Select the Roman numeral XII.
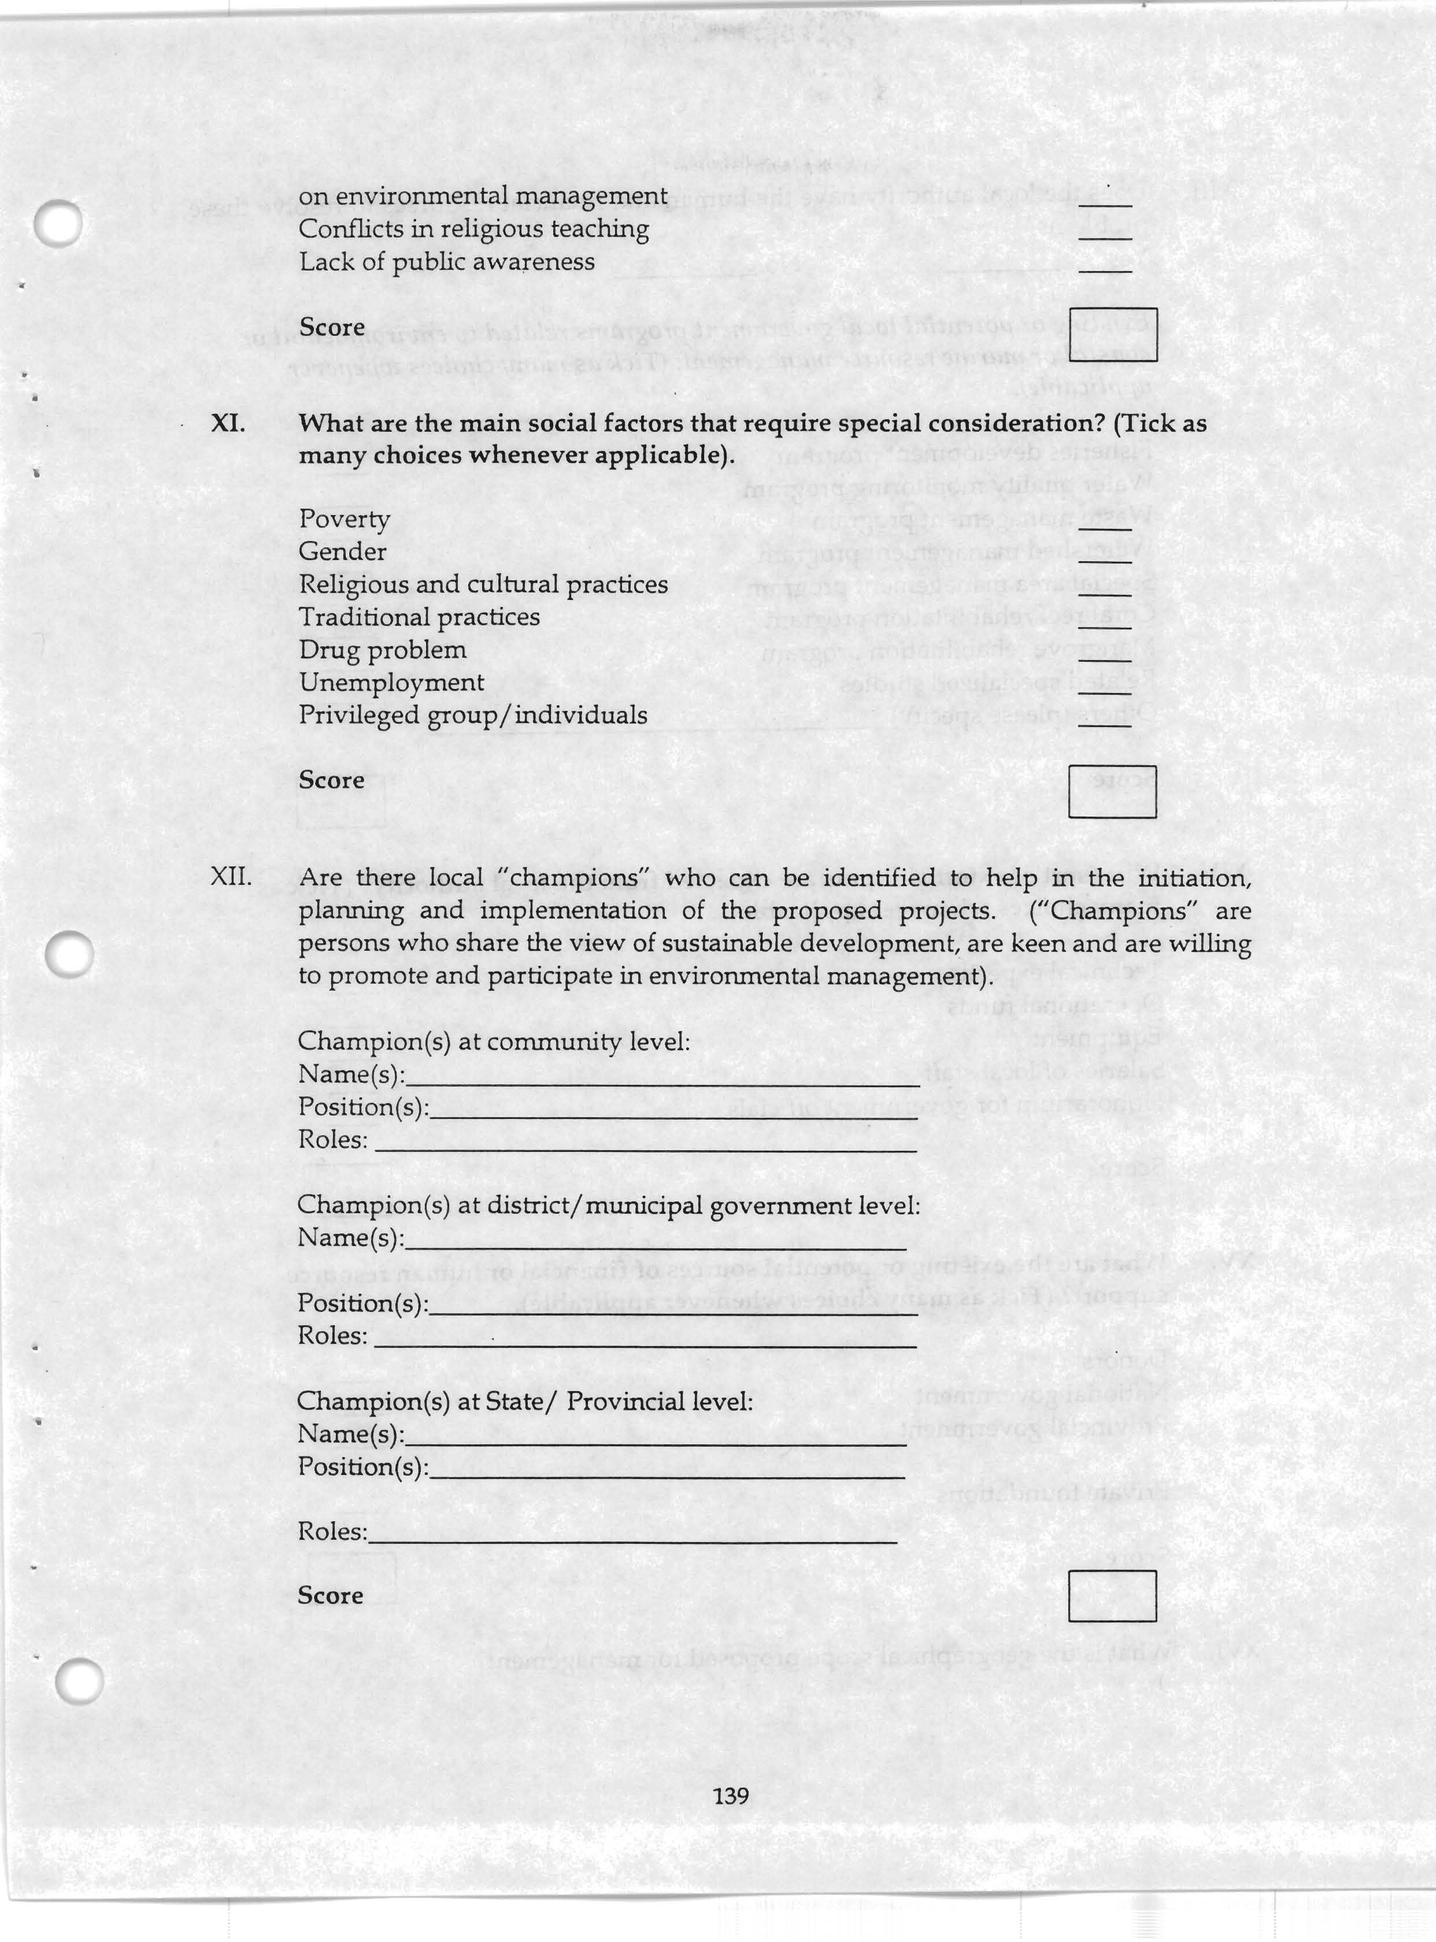(x=231, y=877)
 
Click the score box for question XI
(x=1112, y=792)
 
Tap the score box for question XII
(x=1112, y=1596)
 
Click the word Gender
(x=342, y=552)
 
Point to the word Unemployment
(x=391, y=683)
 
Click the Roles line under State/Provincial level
(x=632, y=1540)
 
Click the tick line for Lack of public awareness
(x=1104, y=270)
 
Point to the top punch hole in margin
(x=59, y=223)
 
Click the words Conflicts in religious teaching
(x=473, y=229)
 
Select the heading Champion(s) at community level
(x=494, y=1041)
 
